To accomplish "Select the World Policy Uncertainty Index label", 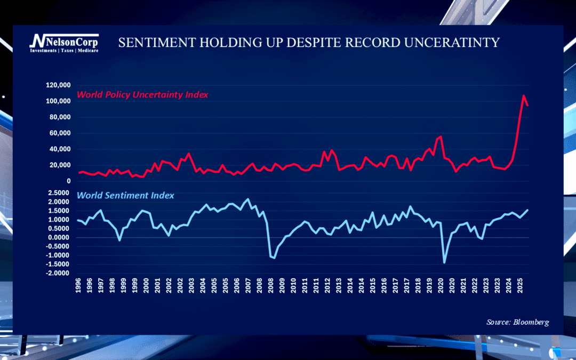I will [x=142, y=95].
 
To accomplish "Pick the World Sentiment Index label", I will [x=126, y=196].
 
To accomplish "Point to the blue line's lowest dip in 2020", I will [x=444, y=262].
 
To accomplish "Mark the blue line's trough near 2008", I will [x=274, y=258].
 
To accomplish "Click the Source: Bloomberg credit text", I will [x=517, y=322].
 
